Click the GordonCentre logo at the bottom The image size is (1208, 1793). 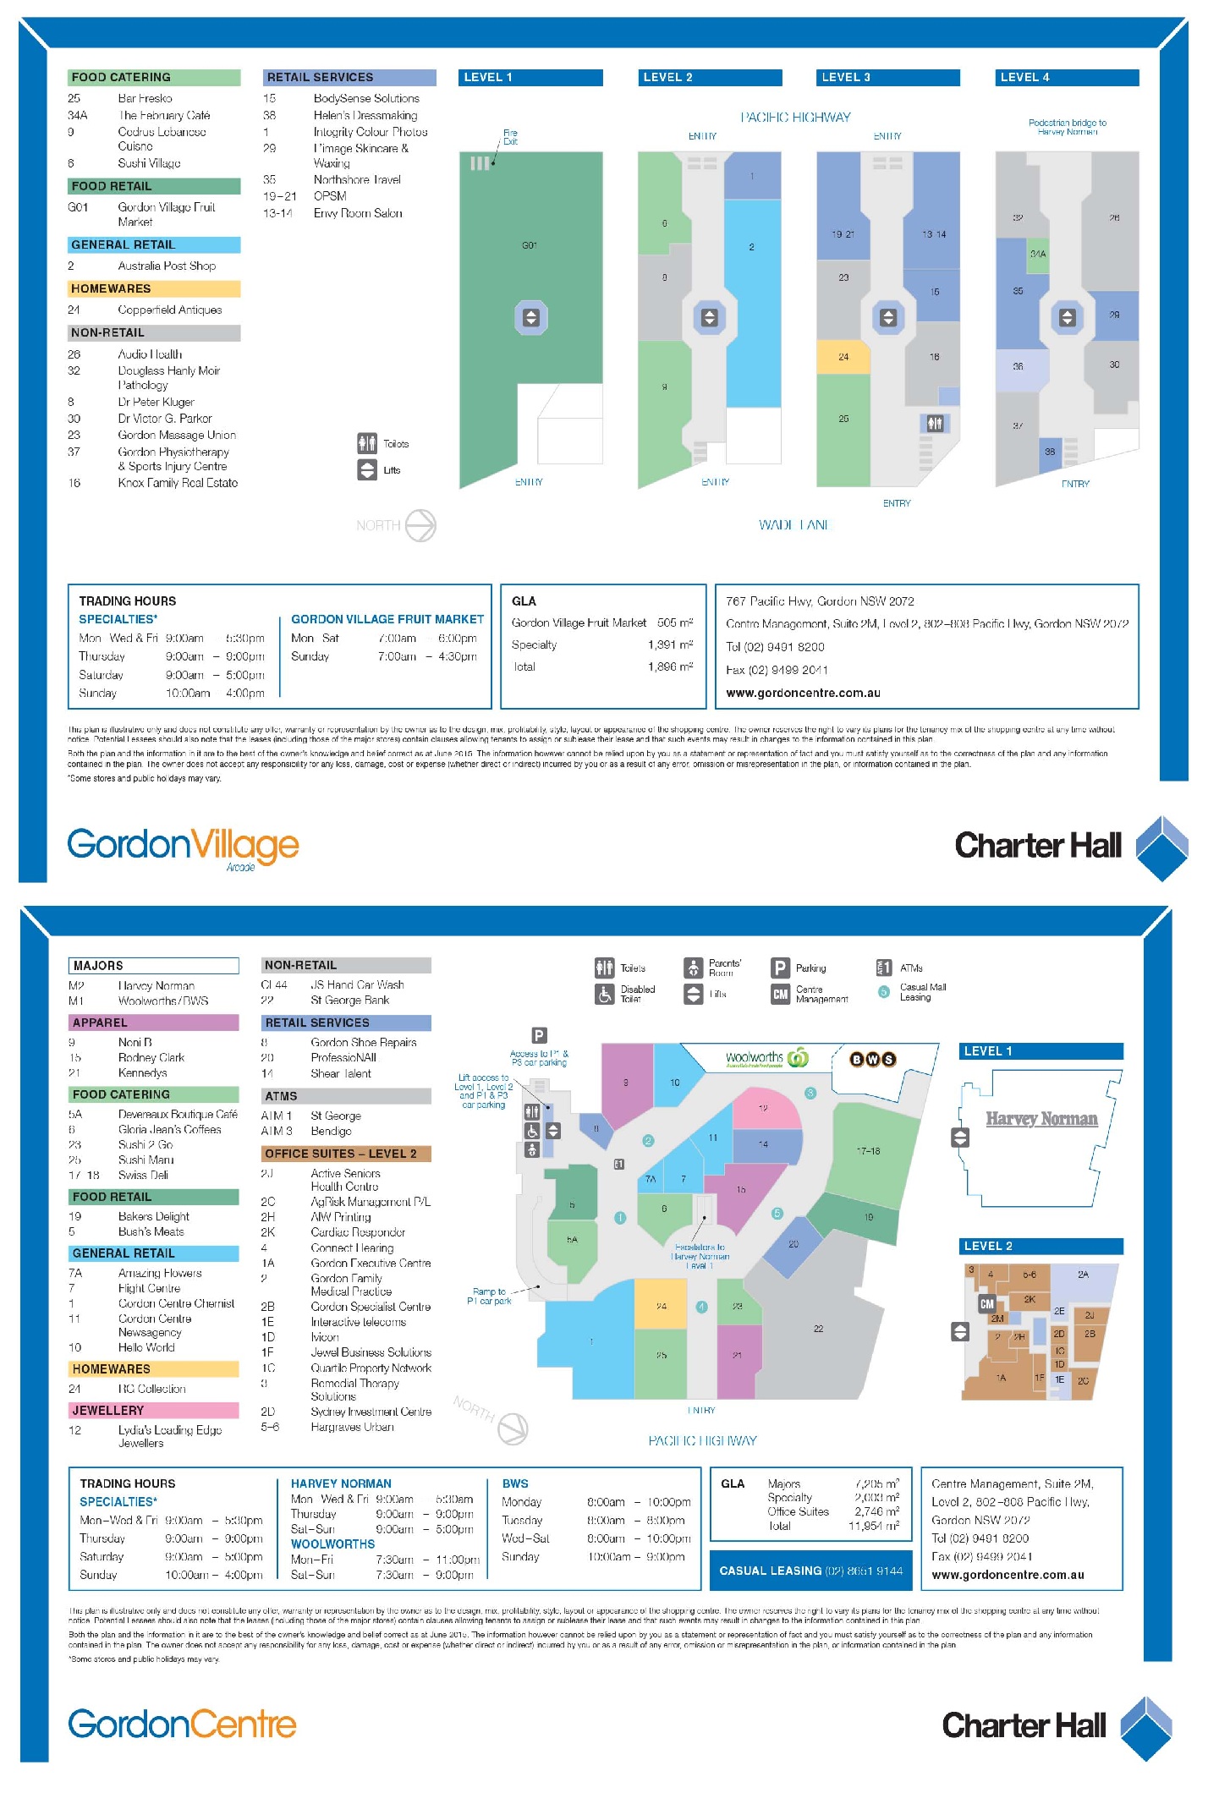tap(182, 1724)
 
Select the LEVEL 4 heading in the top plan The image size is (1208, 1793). tap(1067, 77)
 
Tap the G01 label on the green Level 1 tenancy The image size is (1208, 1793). tap(530, 245)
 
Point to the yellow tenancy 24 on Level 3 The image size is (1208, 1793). tap(843, 357)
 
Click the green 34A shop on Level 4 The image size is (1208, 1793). tap(1038, 254)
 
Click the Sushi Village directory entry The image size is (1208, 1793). tap(149, 163)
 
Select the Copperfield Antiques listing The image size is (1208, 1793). tap(169, 310)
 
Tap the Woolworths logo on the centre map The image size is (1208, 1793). tap(766, 1058)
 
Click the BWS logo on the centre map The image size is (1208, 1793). tap(873, 1059)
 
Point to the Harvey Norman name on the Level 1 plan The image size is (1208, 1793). tap(1041, 1119)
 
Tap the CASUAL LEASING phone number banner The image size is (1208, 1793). tap(810, 1571)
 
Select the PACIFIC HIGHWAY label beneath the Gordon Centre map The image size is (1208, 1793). tap(702, 1440)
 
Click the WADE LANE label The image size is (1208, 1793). tap(794, 525)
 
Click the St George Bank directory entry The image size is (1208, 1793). tap(349, 1000)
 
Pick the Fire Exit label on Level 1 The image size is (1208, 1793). tap(510, 137)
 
